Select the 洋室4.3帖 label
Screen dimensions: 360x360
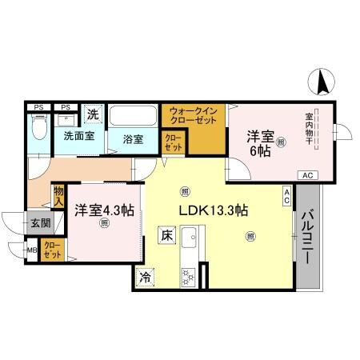point(104,210)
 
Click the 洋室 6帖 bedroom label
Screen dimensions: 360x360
point(258,141)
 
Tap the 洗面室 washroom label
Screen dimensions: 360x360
point(79,136)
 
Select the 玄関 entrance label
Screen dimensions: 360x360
point(40,224)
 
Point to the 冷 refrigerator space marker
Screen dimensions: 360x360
point(145,278)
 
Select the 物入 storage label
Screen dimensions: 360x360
point(59,194)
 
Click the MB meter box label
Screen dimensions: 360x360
point(32,251)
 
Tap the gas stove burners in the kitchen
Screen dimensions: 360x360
point(190,277)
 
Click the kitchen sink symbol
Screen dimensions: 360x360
point(190,238)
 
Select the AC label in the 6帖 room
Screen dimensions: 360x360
point(307,174)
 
